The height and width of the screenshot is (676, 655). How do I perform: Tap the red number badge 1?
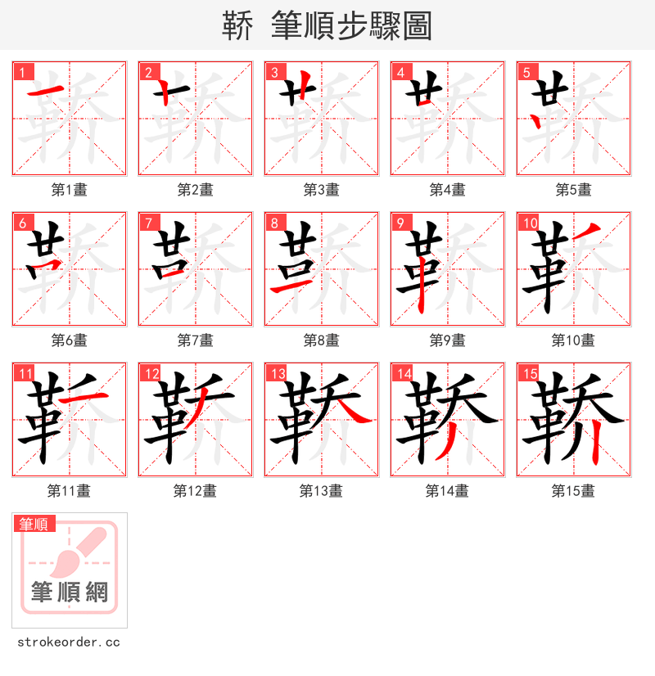[22, 72]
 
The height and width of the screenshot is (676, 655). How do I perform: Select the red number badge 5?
[526, 72]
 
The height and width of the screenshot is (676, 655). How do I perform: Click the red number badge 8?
[274, 223]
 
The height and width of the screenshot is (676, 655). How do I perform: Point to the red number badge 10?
[529, 223]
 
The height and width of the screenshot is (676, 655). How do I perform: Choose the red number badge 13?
[277, 373]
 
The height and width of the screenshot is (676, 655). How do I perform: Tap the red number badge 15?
[529, 373]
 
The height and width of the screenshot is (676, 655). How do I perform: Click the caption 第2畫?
[195, 190]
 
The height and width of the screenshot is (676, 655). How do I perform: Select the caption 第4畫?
[447, 190]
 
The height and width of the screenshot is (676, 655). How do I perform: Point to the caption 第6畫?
[69, 340]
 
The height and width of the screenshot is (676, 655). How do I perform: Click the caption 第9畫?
[447, 340]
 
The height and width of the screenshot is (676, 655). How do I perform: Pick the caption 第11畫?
[69, 491]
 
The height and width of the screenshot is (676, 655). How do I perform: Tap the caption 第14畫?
[447, 491]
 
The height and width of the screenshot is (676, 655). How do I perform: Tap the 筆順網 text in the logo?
[69, 592]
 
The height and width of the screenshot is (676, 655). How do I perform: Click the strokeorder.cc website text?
[69, 642]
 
